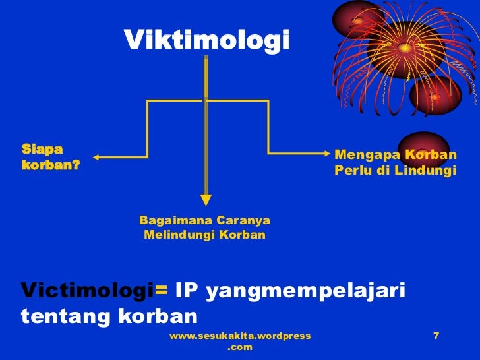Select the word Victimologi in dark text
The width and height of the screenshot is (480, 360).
pyautogui.click(x=87, y=290)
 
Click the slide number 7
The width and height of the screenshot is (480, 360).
pyautogui.click(x=436, y=336)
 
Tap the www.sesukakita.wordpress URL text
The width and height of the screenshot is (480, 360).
pyautogui.click(x=240, y=336)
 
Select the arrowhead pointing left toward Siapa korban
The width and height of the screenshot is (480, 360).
pyautogui.click(x=97, y=157)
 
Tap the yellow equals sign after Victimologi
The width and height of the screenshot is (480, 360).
pyautogui.click(x=162, y=291)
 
